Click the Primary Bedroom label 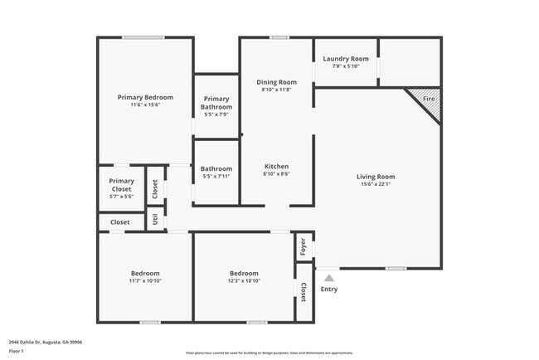pyautogui.click(x=144, y=97)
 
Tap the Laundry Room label pyautogui.click(x=345, y=59)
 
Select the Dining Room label pyautogui.click(x=276, y=82)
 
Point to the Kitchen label pyautogui.click(x=276, y=166)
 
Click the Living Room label pyautogui.click(x=375, y=177)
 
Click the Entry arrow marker pyautogui.click(x=329, y=279)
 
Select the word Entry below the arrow pyautogui.click(x=329, y=289)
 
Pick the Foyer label pyautogui.click(x=303, y=246)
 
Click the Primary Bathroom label pyautogui.click(x=216, y=103)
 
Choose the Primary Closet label pyautogui.click(x=121, y=185)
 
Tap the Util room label pyautogui.click(x=154, y=219)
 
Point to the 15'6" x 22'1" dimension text pyautogui.click(x=375, y=185)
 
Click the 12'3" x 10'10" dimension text pyautogui.click(x=244, y=282)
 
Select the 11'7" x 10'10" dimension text pyautogui.click(x=145, y=282)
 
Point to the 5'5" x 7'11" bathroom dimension pyautogui.click(x=216, y=177)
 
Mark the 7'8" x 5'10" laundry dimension pyautogui.click(x=345, y=66)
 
